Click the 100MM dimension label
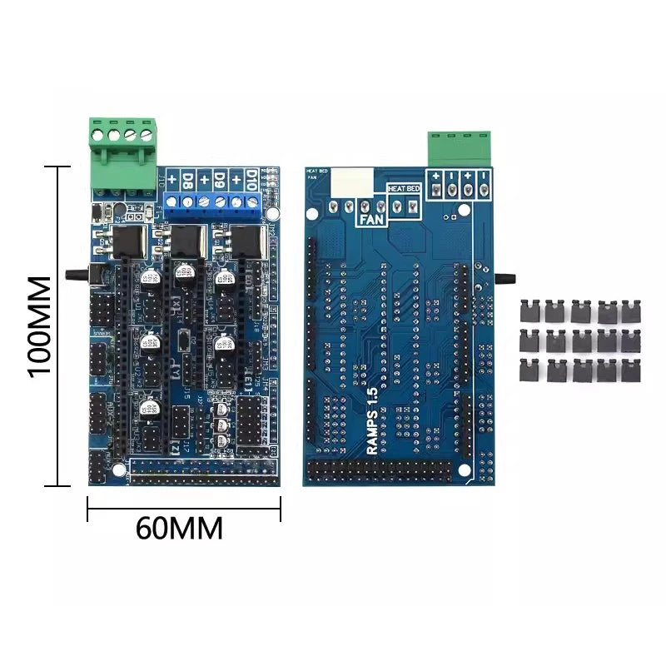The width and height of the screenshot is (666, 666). (39, 324)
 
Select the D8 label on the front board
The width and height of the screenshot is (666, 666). (189, 179)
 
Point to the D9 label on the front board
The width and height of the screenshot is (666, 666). (221, 179)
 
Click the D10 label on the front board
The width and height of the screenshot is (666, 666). (252, 179)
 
